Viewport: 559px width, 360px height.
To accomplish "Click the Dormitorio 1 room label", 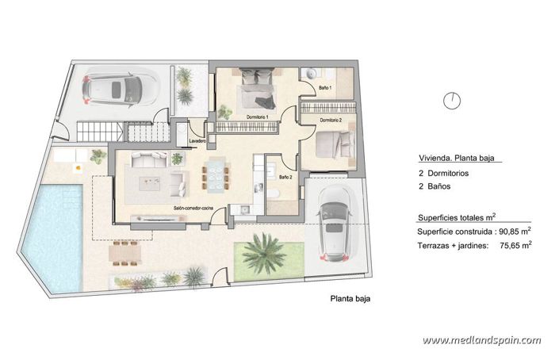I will (256, 117).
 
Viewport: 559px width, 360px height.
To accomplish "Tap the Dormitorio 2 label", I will (331, 121).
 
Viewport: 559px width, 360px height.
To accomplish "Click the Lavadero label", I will (198, 141).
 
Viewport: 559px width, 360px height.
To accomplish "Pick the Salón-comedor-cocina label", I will (194, 208).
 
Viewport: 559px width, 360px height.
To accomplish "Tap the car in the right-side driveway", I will (335, 223).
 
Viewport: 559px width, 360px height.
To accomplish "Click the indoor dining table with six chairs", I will (215, 174).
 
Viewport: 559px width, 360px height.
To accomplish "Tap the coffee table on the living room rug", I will (151, 182).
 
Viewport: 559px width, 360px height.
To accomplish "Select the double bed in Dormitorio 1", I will (257, 90).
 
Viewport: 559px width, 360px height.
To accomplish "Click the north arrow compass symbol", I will (451, 100).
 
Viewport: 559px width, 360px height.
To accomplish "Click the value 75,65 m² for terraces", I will (515, 246).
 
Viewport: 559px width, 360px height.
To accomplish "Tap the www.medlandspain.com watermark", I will (481, 340).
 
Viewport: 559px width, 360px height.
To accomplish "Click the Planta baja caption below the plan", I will (350, 299).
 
